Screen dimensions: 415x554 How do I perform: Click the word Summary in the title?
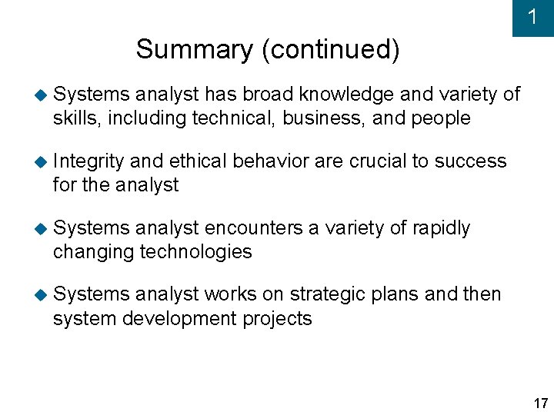194,50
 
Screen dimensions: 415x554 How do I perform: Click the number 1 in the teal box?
532,17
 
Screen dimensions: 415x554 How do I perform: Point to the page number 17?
540,403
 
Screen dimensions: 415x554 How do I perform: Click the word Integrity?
88,162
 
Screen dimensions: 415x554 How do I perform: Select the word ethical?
198,161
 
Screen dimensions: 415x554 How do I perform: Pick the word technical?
233,118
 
